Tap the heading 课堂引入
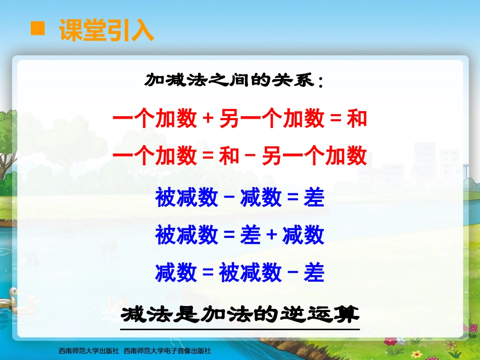coord(106,30)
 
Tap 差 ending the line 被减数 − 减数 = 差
coord(314,197)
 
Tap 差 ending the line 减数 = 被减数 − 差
coord(314,273)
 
